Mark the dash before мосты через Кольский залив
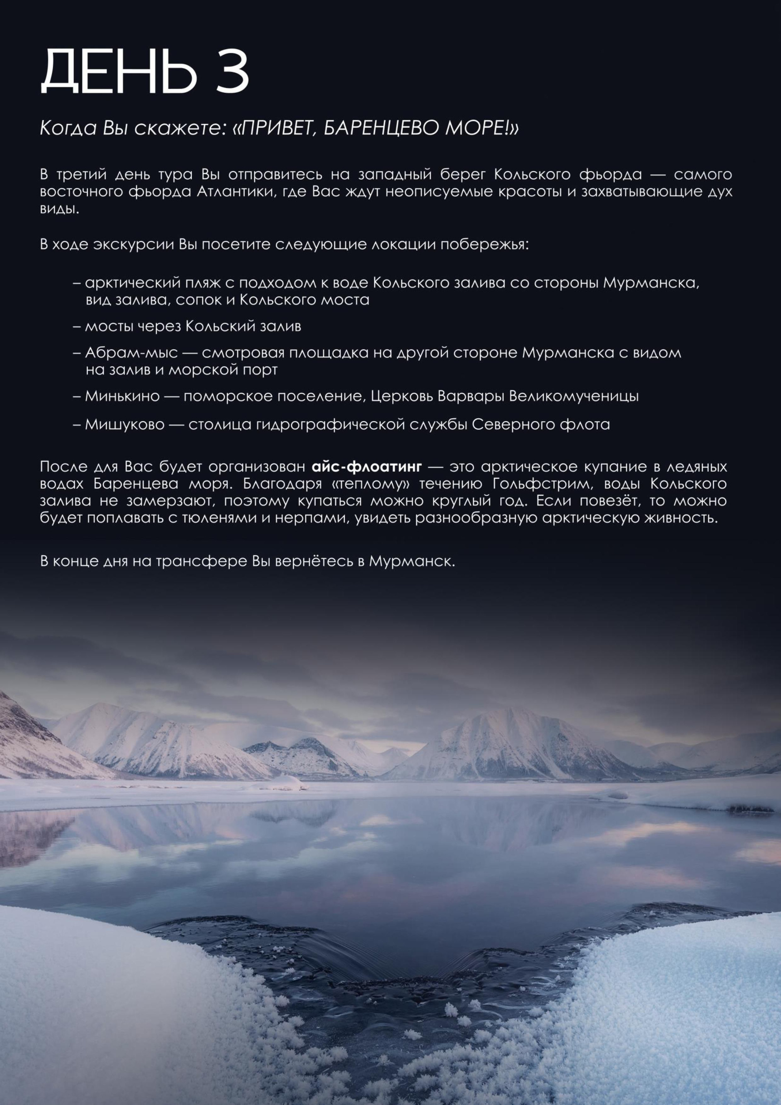77,327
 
